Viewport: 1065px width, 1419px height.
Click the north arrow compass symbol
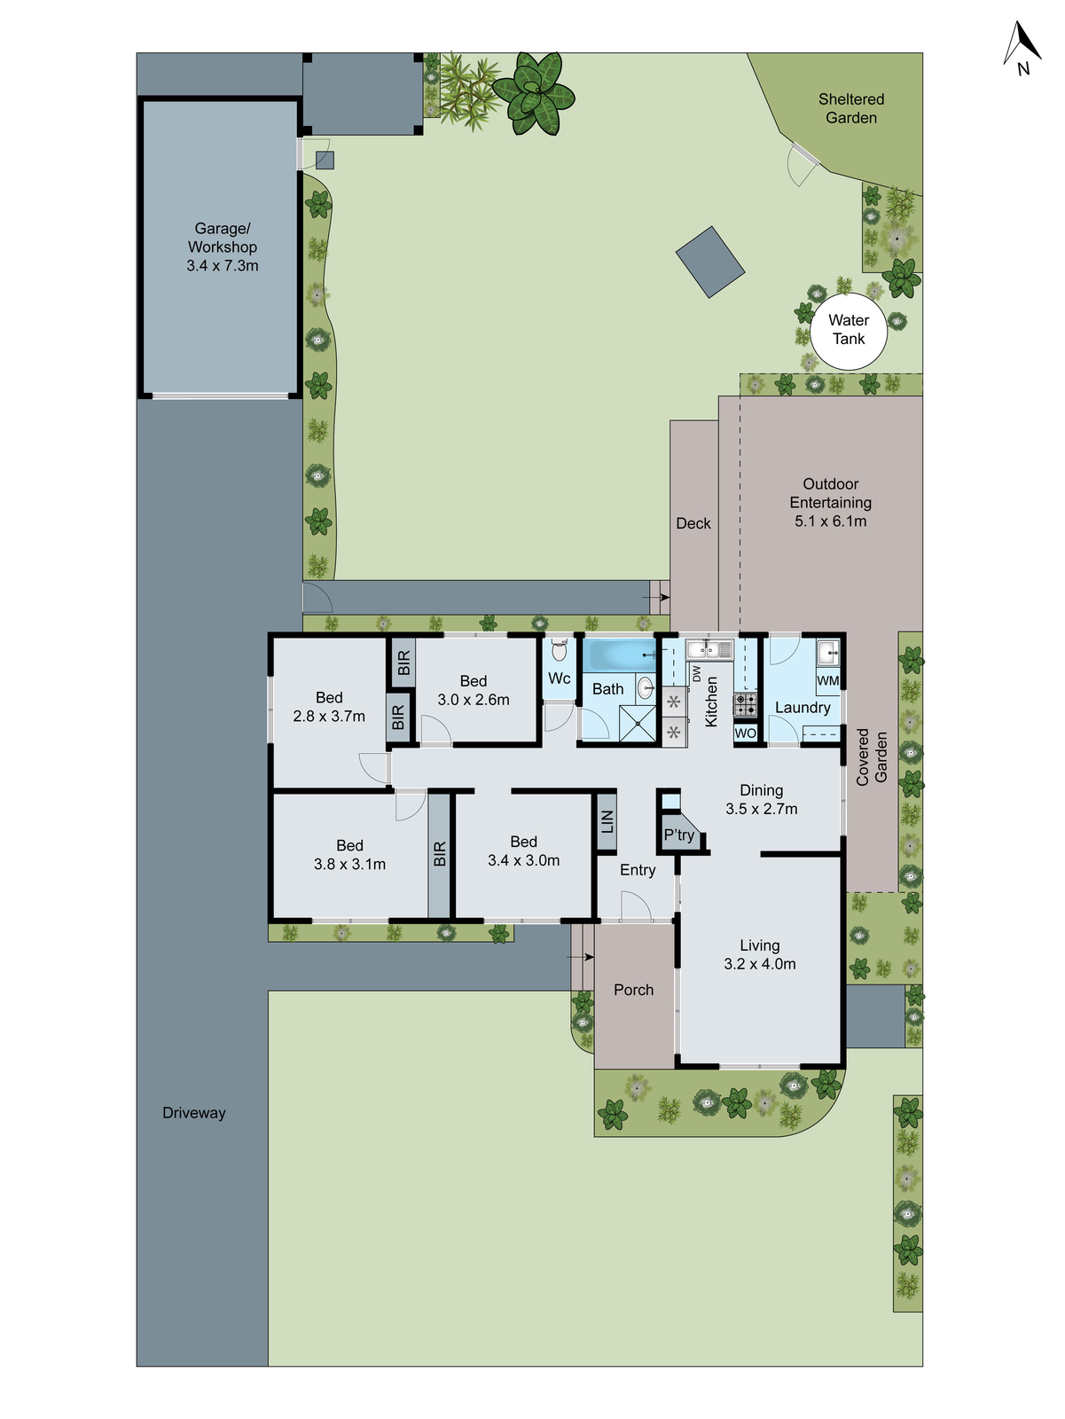(x=1022, y=49)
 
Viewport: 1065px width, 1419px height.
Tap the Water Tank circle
(x=849, y=330)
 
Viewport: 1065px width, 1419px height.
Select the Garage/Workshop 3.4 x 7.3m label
(x=223, y=247)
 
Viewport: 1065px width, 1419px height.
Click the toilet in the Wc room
(x=559, y=651)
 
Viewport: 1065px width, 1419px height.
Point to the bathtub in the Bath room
(x=619, y=656)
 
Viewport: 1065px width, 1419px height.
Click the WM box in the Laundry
(x=827, y=681)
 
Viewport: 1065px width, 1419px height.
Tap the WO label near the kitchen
(x=746, y=733)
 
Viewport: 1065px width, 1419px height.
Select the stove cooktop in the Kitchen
(x=745, y=705)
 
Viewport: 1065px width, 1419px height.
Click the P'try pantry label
(x=679, y=835)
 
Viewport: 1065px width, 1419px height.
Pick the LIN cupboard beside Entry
(x=607, y=823)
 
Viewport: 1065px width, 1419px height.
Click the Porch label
(x=633, y=990)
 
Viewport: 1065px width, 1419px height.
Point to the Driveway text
(x=194, y=1113)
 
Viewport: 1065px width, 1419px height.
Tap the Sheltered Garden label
(x=851, y=108)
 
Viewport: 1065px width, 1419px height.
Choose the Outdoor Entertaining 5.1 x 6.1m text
(x=831, y=503)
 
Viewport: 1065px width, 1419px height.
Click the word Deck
(x=693, y=523)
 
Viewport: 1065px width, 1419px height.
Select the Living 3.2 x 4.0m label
(x=760, y=955)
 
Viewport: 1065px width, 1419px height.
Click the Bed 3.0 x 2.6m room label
(x=474, y=690)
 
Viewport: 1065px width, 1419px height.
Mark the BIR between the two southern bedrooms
(x=440, y=854)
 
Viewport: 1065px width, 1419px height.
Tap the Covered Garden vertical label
(x=872, y=757)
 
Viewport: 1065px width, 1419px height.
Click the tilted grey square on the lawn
(x=709, y=262)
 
